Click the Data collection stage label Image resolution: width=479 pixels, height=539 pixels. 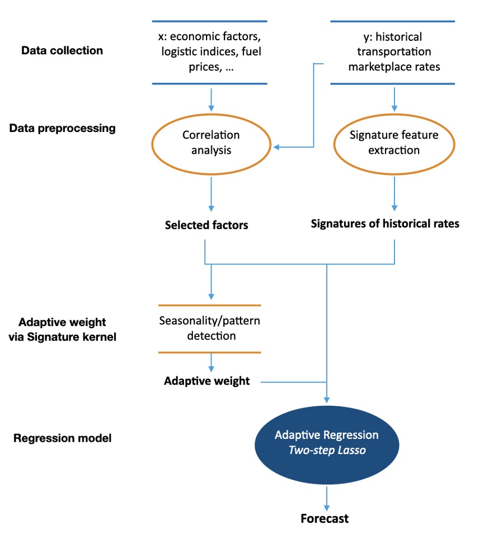click(x=62, y=51)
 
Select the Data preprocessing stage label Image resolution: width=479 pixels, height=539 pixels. click(x=62, y=128)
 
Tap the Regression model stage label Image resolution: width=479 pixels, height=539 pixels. click(x=62, y=438)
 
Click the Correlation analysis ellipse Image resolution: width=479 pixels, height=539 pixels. click(x=211, y=143)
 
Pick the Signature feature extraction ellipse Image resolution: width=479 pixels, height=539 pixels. click(x=394, y=143)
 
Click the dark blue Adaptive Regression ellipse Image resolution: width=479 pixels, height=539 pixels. click(x=326, y=442)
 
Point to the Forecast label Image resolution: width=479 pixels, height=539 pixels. click(x=325, y=518)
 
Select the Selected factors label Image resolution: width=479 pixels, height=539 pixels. click(x=206, y=225)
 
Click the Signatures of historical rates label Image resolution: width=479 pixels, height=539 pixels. click(x=385, y=224)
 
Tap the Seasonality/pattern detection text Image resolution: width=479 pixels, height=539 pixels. click(x=209, y=329)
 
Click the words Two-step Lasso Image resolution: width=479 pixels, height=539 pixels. click(x=326, y=450)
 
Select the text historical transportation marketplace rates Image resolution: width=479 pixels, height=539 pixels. click(x=393, y=52)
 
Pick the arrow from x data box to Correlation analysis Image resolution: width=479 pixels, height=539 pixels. click(x=211, y=99)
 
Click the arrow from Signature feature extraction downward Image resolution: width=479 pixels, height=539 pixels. click(x=395, y=193)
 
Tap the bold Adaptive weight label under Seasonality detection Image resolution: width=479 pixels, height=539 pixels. click(x=206, y=381)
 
